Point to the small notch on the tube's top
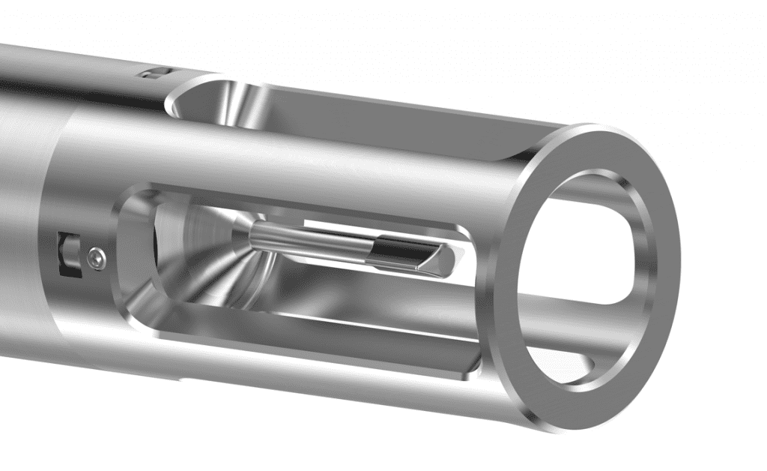tap(153, 73)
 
